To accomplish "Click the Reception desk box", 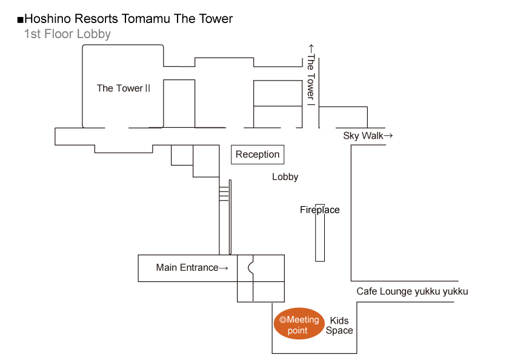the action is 258,155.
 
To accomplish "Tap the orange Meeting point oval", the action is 299,324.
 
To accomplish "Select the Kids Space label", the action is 339,325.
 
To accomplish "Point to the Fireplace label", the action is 319,210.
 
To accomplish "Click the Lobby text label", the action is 285,177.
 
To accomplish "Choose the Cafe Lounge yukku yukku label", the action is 412,291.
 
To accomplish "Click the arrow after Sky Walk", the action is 388,135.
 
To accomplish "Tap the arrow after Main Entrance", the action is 224,268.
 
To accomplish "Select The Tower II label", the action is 124,88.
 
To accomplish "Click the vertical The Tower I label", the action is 311,80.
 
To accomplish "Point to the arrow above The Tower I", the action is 311,48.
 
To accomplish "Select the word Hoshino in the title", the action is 48,19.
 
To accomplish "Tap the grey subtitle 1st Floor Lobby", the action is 67,34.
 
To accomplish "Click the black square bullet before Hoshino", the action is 21,20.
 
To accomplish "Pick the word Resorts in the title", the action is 96,19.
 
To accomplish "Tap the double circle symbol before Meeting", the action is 283,320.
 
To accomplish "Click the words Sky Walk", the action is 363,136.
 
